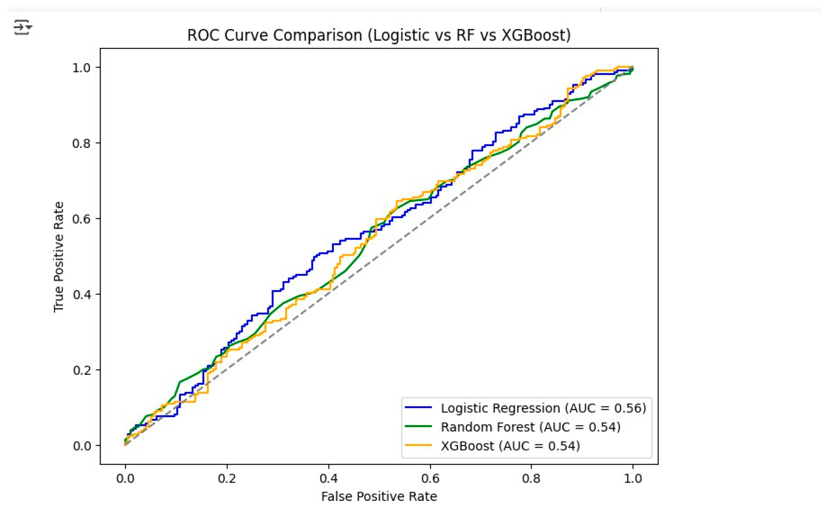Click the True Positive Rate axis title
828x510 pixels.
point(59,257)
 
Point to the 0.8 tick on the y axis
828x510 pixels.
point(81,143)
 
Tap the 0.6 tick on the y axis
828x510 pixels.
point(81,219)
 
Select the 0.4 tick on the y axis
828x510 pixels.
point(81,294)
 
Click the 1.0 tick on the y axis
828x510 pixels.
point(81,67)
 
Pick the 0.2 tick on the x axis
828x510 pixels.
point(227,478)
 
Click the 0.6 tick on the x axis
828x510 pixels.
point(430,478)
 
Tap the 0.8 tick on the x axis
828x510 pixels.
point(532,478)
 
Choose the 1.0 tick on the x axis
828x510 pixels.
point(633,478)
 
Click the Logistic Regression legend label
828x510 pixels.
point(543,408)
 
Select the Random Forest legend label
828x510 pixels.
point(530,427)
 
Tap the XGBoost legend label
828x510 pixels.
point(510,446)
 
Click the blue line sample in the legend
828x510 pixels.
point(418,407)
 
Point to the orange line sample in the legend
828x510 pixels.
point(418,445)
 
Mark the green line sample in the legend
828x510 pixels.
point(418,426)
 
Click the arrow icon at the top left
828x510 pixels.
point(23,27)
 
